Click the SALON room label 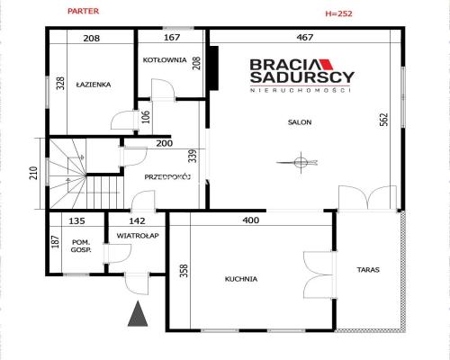[300, 122]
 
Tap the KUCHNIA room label [241, 279]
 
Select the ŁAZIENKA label [94, 85]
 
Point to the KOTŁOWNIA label [165, 60]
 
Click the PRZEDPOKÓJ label [167, 177]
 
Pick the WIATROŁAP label [138, 236]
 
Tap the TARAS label [368, 270]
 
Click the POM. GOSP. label [81, 246]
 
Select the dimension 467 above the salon [305, 37]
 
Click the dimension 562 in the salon [384, 119]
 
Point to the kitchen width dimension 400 [251, 220]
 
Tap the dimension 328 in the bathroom [60, 84]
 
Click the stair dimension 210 [33, 173]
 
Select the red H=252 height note [338, 13]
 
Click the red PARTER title [83, 11]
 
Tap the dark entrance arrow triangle [138, 314]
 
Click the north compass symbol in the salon [301, 163]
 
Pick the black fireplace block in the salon [214, 67]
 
